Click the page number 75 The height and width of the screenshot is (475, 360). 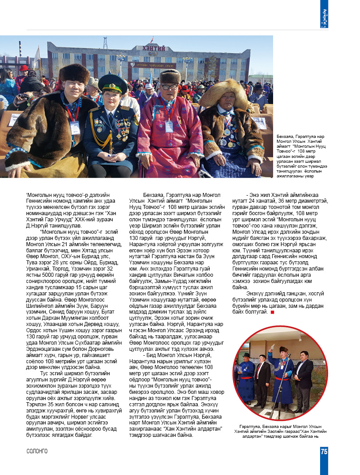pos(324,451)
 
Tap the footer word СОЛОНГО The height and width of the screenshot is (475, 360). pos(37,451)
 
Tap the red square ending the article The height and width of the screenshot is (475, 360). pos(272,313)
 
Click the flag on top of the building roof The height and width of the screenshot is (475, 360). pos(152,39)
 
